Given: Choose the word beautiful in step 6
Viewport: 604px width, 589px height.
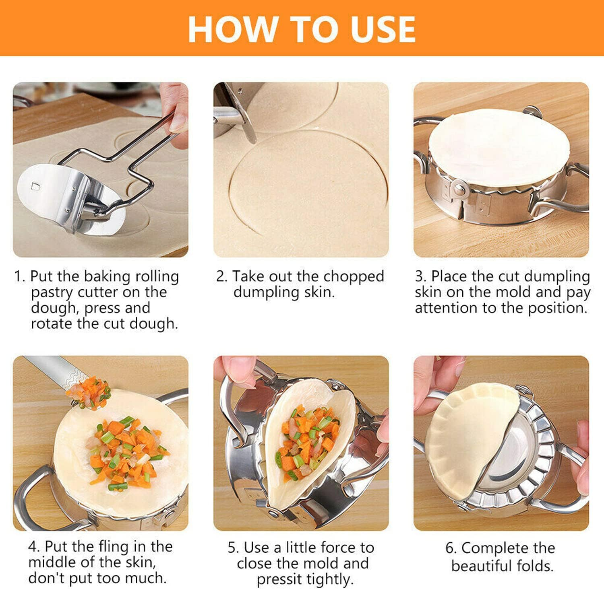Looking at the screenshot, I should point(482,566).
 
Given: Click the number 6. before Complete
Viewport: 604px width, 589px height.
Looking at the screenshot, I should point(451,548).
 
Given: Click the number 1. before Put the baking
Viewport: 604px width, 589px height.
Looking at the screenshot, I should point(19,277).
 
